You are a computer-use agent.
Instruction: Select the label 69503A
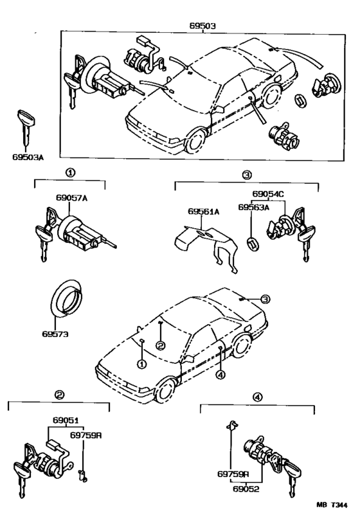point(27,155)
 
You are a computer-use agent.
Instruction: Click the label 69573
point(56,334)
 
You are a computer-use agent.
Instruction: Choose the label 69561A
point(204,212)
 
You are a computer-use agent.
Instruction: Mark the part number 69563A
point(255,208)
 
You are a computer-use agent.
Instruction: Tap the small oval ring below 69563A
point(252,243)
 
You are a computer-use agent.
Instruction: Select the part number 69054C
point(268,194)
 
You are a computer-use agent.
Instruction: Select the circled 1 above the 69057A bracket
point(69,173)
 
